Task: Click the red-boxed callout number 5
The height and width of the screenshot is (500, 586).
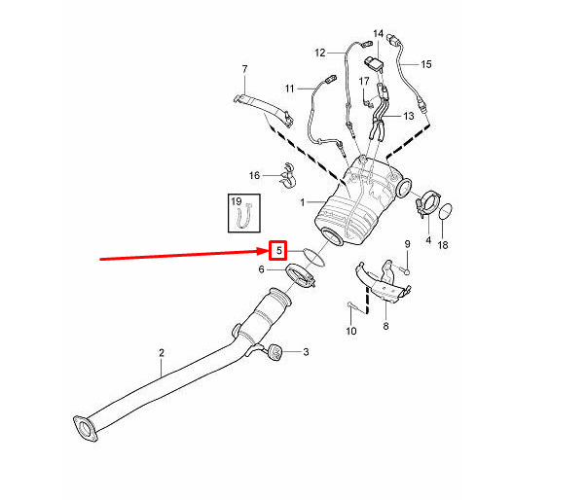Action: pyautogui.click(x=278, y=250)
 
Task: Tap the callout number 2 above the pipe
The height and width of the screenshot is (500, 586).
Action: pyautogui.click(x=162, y=352)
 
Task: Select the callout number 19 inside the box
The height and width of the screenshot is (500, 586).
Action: pyautogui.click(x=237, y=201)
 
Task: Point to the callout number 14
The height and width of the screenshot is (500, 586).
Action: pyautogui.click(x=379, y=34)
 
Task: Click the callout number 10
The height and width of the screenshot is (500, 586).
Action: pyautogui.click(x=351, y=331)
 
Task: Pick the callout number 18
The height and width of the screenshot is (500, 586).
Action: pyautogui.click(x=443, y=245)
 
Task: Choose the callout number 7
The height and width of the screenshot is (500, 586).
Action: pyautogui.click(x=244, y=69)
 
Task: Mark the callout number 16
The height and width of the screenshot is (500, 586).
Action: pyautogui.click(x=254, y=175)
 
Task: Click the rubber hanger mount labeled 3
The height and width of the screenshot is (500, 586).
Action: pyautogui.click(x=275, y=353)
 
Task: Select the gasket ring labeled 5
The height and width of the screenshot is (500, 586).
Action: pyautogui.click(x=313, y=257)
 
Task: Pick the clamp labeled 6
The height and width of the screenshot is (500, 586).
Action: pyautogui.click(x=301, y=275)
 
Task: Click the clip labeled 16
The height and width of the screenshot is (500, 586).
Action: pyautogui.click(x=288, y=174)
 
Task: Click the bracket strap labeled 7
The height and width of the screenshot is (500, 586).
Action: pyautogui.click(x=263, y=109)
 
